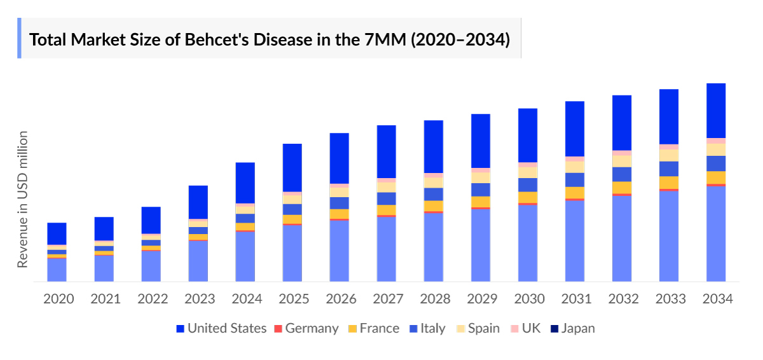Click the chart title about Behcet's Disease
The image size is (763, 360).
coord(270,39)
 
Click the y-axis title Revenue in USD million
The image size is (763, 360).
coord(23,199)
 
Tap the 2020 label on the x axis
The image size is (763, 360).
coord(58,299)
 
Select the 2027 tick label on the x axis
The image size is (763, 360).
coord(387,299)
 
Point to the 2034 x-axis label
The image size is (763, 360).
coord(716,299)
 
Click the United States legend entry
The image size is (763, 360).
coord(221,329)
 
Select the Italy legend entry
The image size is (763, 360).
coord(427,329)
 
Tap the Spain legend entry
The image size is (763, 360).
coord(478,329)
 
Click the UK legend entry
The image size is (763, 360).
coord(525,329)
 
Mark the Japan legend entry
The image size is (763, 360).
coord(572,329)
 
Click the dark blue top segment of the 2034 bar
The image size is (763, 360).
coord(716,111)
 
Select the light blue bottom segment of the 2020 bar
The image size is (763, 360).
coord(57,270)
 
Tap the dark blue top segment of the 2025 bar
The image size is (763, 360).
coord(292,167)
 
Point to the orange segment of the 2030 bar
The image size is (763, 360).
coord(528,197)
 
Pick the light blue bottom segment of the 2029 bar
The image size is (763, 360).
coord(481,245)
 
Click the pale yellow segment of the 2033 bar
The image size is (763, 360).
coord(669,155)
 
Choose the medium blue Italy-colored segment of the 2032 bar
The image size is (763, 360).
coord(622,174)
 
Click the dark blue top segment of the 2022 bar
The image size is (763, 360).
coord(151,220)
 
